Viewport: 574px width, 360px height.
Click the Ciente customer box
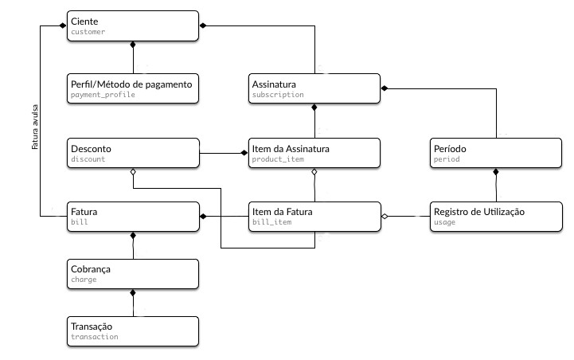133,25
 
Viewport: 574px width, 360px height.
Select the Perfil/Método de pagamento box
133,88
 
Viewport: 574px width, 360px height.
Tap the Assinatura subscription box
314,88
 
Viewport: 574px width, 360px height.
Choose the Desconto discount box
133,153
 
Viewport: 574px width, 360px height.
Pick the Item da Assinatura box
314,153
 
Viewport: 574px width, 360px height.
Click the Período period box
496,153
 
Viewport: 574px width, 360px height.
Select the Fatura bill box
133,217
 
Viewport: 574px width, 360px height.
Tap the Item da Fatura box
314,217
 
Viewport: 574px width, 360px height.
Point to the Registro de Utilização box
496,217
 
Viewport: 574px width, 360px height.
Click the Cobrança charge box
133,274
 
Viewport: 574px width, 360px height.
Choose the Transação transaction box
133,331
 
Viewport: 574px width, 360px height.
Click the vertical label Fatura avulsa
35,127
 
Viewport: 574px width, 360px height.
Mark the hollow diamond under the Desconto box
133,172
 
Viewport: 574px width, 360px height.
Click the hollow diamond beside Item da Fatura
385,217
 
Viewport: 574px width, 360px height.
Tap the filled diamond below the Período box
496,172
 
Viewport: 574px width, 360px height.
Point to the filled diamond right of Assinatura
385,88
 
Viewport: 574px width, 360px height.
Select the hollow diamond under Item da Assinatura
314,172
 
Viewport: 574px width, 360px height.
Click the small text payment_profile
103,95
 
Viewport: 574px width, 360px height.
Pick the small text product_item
278,159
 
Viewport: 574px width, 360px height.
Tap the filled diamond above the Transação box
133,293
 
